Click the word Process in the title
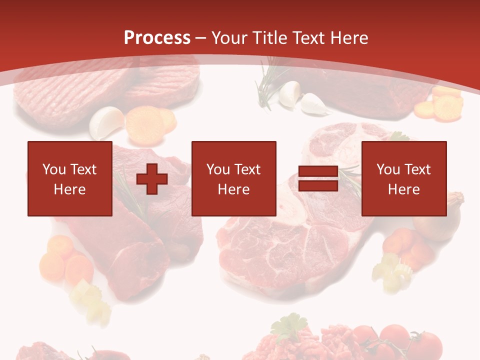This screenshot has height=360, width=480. (x=157, y=37)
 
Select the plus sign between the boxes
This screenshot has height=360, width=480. (x=152, y=178)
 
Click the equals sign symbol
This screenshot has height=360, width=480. (x=318, y=178)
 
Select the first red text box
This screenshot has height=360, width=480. (x=70, y=178)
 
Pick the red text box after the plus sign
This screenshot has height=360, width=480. (x=233, y=178)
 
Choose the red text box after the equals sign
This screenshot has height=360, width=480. (x=404, y=178)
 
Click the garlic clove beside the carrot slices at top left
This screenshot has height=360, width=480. (x=106, y=123)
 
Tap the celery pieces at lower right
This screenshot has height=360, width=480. (x=392, y=270)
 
